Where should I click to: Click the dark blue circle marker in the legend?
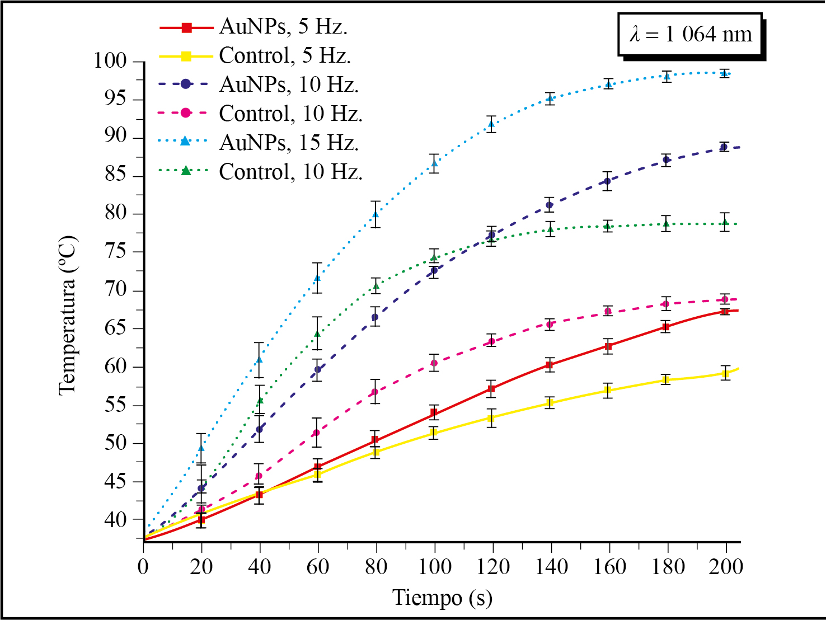(186, 84)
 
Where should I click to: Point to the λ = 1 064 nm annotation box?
(691, 35)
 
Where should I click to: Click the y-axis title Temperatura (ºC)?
(68, 316)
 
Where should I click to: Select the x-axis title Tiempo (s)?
(442, 598)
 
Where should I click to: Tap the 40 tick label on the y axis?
(116, 519)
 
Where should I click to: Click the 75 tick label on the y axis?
(116, 252)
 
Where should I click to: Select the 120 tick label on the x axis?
(492, 567)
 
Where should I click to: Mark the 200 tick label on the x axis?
(725, 567)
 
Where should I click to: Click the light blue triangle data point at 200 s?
(725, 73)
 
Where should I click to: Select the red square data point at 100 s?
(434, 413)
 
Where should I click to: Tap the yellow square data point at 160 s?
(608, 391)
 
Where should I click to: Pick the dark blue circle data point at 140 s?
(550, 205)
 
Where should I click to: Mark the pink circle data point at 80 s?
(375, 392)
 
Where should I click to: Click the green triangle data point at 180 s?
(666, 224)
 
